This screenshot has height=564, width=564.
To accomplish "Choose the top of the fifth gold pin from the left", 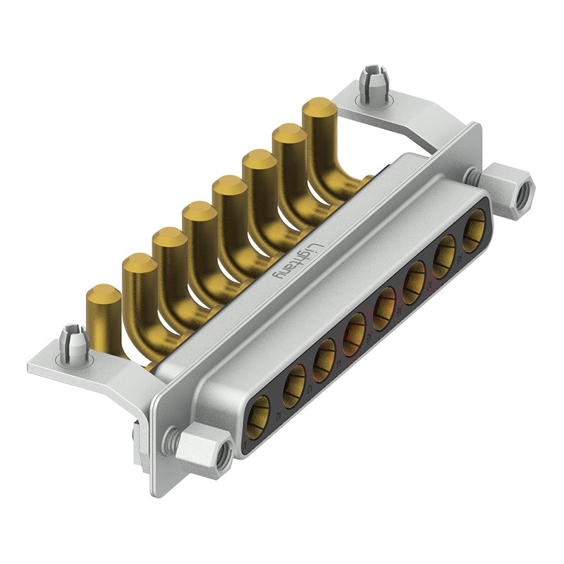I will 229,186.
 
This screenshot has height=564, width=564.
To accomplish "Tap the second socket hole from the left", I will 293,384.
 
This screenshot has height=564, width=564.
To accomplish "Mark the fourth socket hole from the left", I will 355,329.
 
